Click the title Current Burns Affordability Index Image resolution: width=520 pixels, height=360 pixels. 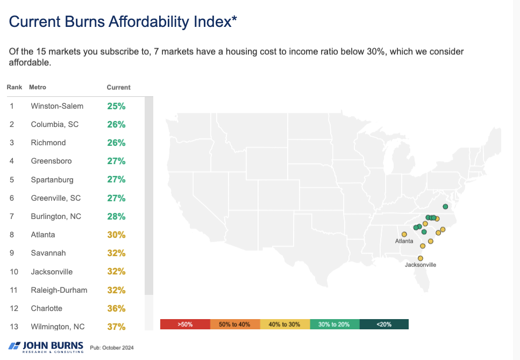click(x=123, y=22)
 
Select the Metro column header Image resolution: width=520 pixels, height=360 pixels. click(x=38, y=87)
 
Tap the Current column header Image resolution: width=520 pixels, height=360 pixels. click(x=118, y=87)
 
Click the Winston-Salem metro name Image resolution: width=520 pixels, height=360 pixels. click(x=57, y=106)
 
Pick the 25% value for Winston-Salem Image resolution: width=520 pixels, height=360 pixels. click(x=116, y=106)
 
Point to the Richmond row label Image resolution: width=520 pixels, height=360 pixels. click(x=48, y=143)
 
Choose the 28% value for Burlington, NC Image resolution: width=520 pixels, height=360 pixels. click(x=116, y=216)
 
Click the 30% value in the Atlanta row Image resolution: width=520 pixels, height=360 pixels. click(x=116, y=235)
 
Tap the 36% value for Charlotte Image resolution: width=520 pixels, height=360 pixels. click(x=116, y=308)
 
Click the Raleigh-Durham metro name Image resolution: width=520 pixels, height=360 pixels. click(x=59, y=290)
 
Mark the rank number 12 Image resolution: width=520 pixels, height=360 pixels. click(x=12, y=308)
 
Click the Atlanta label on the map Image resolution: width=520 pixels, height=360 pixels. click(x=404, y=241)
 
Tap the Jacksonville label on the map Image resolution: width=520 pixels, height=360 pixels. click(x=421, y=265)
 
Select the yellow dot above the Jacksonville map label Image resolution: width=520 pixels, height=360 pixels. click(x=421, y=258)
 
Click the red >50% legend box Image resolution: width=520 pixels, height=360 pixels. click(x=184, y=324)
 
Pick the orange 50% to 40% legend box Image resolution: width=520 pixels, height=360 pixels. click(x=234, y=324)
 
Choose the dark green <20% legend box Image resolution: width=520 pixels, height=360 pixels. click(x=384, y=324)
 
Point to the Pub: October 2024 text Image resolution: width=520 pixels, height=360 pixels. click(x=112, y=348)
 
